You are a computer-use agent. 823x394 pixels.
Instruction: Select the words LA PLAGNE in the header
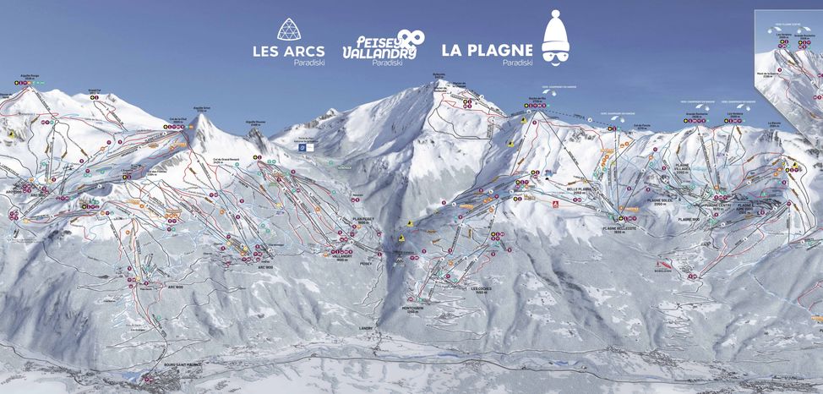click(x=486, y=50)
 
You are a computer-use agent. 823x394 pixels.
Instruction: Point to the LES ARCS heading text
click(x=288, y=51)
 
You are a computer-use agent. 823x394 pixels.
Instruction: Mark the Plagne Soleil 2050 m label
click(x=658, y=202)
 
